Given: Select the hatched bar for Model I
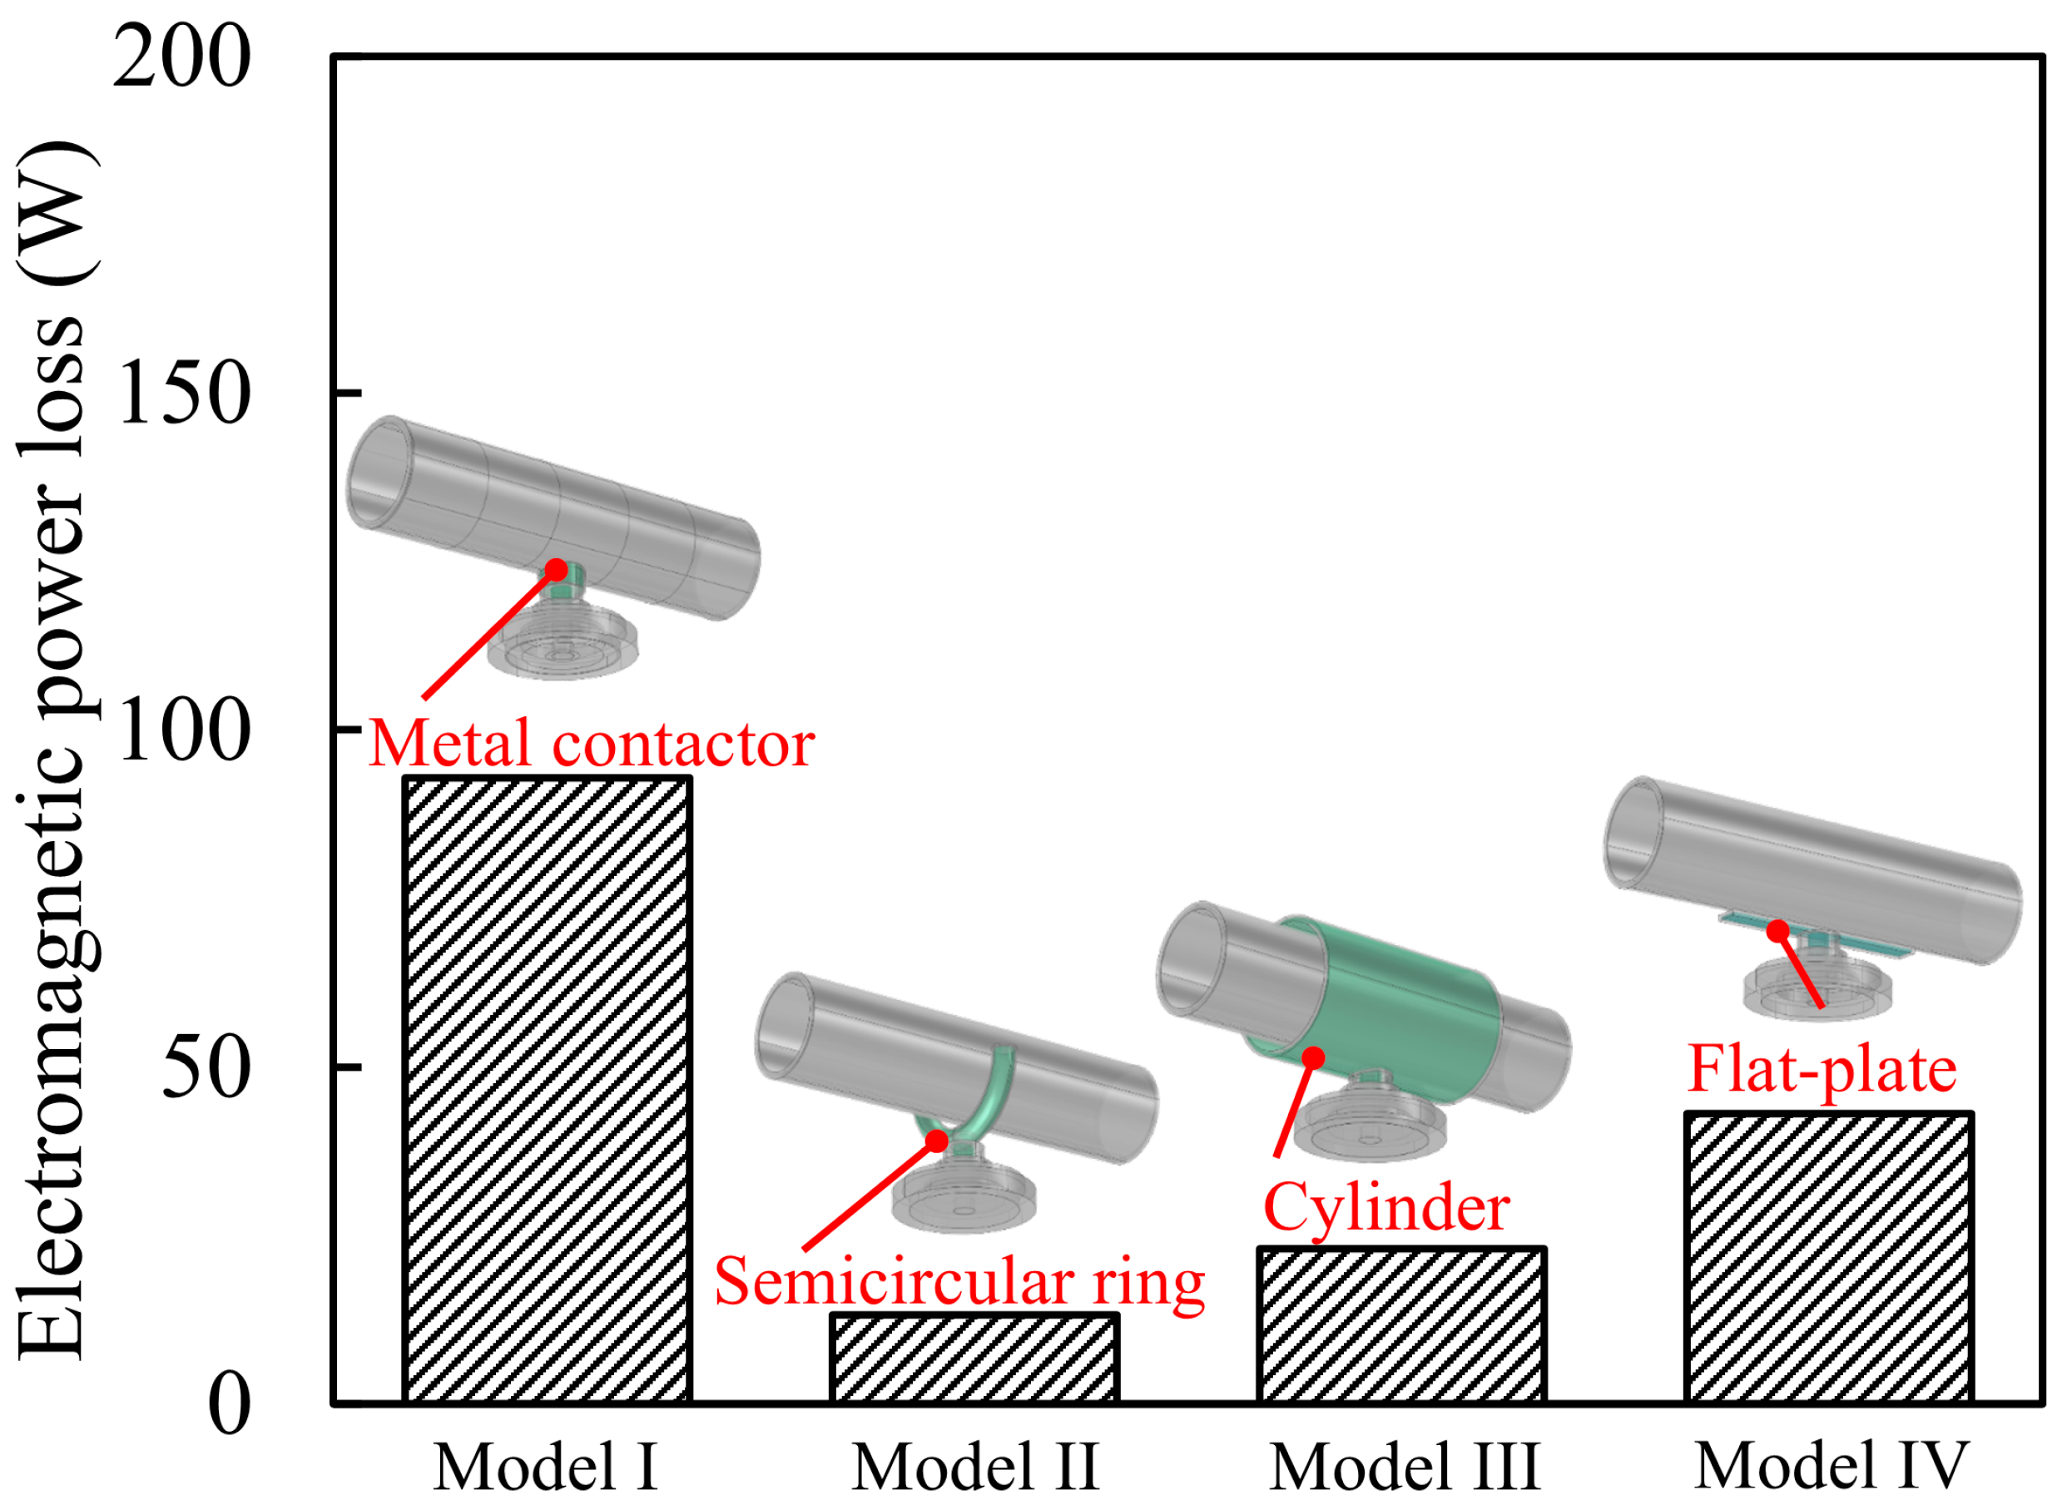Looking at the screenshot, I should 547,1087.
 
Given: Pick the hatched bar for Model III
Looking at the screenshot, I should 1401,1324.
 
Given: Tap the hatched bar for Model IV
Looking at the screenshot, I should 1828,1257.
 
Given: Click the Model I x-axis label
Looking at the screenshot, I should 547,1468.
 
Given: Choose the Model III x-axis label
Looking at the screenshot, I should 1405,1468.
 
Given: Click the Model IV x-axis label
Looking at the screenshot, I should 1831,1468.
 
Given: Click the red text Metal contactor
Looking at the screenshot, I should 592,744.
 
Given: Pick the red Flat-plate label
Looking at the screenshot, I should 1822,1069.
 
